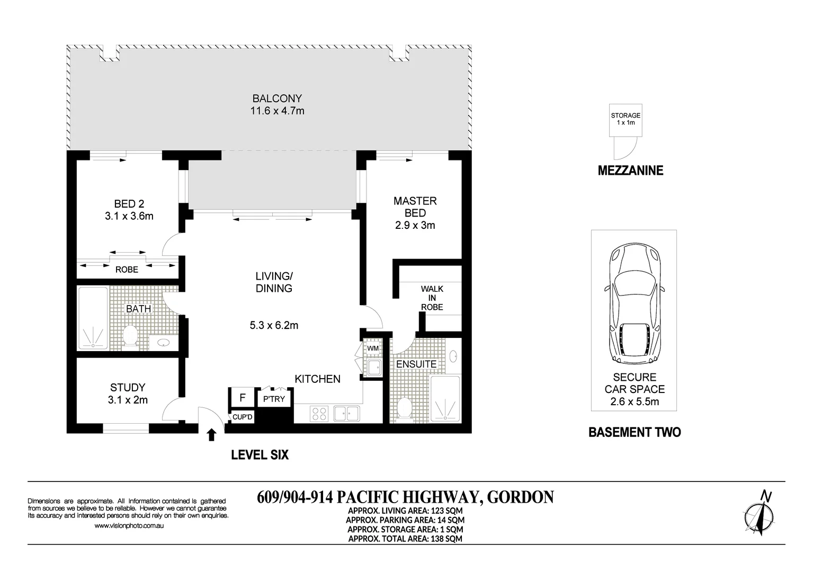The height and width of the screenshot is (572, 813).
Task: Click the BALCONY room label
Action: point(277,99)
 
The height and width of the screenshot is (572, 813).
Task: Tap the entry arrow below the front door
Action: point(211,435)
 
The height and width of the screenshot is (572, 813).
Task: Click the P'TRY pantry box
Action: point(274,399)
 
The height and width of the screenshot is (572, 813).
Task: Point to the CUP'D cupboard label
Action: point(243,417)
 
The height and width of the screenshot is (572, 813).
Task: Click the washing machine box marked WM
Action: point(373,348)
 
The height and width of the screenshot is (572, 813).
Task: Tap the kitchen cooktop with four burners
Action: point(319,413)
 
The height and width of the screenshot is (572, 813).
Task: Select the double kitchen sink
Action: point(346,413)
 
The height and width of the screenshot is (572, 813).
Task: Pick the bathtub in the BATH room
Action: point(93,318)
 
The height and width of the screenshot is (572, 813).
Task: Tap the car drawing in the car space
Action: point(634,303)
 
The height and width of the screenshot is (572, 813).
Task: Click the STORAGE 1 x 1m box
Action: point(626,119)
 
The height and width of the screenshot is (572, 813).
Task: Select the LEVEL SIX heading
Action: point(260,455)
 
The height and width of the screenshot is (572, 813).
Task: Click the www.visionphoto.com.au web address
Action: point(129,526)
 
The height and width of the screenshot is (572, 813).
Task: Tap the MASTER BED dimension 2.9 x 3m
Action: point(415,225)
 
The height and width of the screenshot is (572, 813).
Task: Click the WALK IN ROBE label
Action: point(432,298)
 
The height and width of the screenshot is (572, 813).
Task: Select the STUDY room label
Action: point(127,387)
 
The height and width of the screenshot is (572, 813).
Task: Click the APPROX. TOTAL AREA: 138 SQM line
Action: point(405,539)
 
